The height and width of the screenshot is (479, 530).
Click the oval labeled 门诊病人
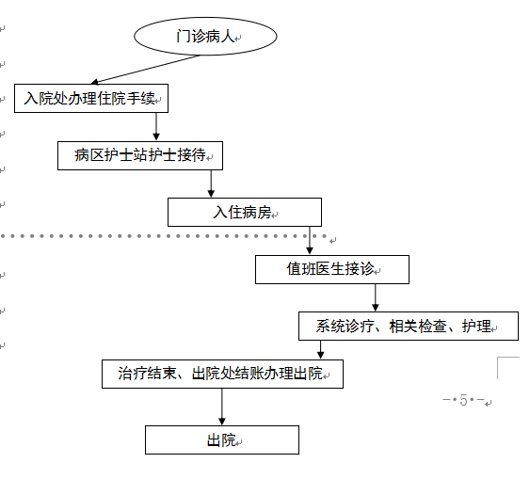pyautogui.click(x=205, y=37)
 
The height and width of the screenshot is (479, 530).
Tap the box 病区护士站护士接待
pyautogui.click(x=139, y=155)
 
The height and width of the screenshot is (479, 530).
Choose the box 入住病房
pyautogui.click(x=244, y=212)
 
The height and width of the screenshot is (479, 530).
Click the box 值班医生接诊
pyautogui.click(x=331, y=269)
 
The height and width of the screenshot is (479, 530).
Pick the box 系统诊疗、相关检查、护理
pyautogui.click(x=408, y=327)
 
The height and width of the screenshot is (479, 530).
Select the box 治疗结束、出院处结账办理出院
pyautogui.click(x=222, y=374)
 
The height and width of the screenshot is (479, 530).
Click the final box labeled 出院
pyautogui.click(x=221, y=439)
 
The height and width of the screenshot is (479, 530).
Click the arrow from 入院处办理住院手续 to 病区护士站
pyautogui.click(x=156, y=126)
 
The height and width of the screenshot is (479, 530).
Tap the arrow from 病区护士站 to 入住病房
pyautogui.click(x=211, y=184)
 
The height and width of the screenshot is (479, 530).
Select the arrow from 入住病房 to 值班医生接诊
pyautogui.click(x=310, y=241)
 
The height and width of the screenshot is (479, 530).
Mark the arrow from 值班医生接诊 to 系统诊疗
pyautogui.click(x=376, y=297)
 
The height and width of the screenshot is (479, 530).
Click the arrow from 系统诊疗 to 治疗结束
pyautogui.click(x=321, y=349)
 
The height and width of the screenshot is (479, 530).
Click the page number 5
pyautogui.click(x=463, y=401)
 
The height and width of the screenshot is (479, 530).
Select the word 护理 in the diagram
pyautogui.click(x=477, y=327)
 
